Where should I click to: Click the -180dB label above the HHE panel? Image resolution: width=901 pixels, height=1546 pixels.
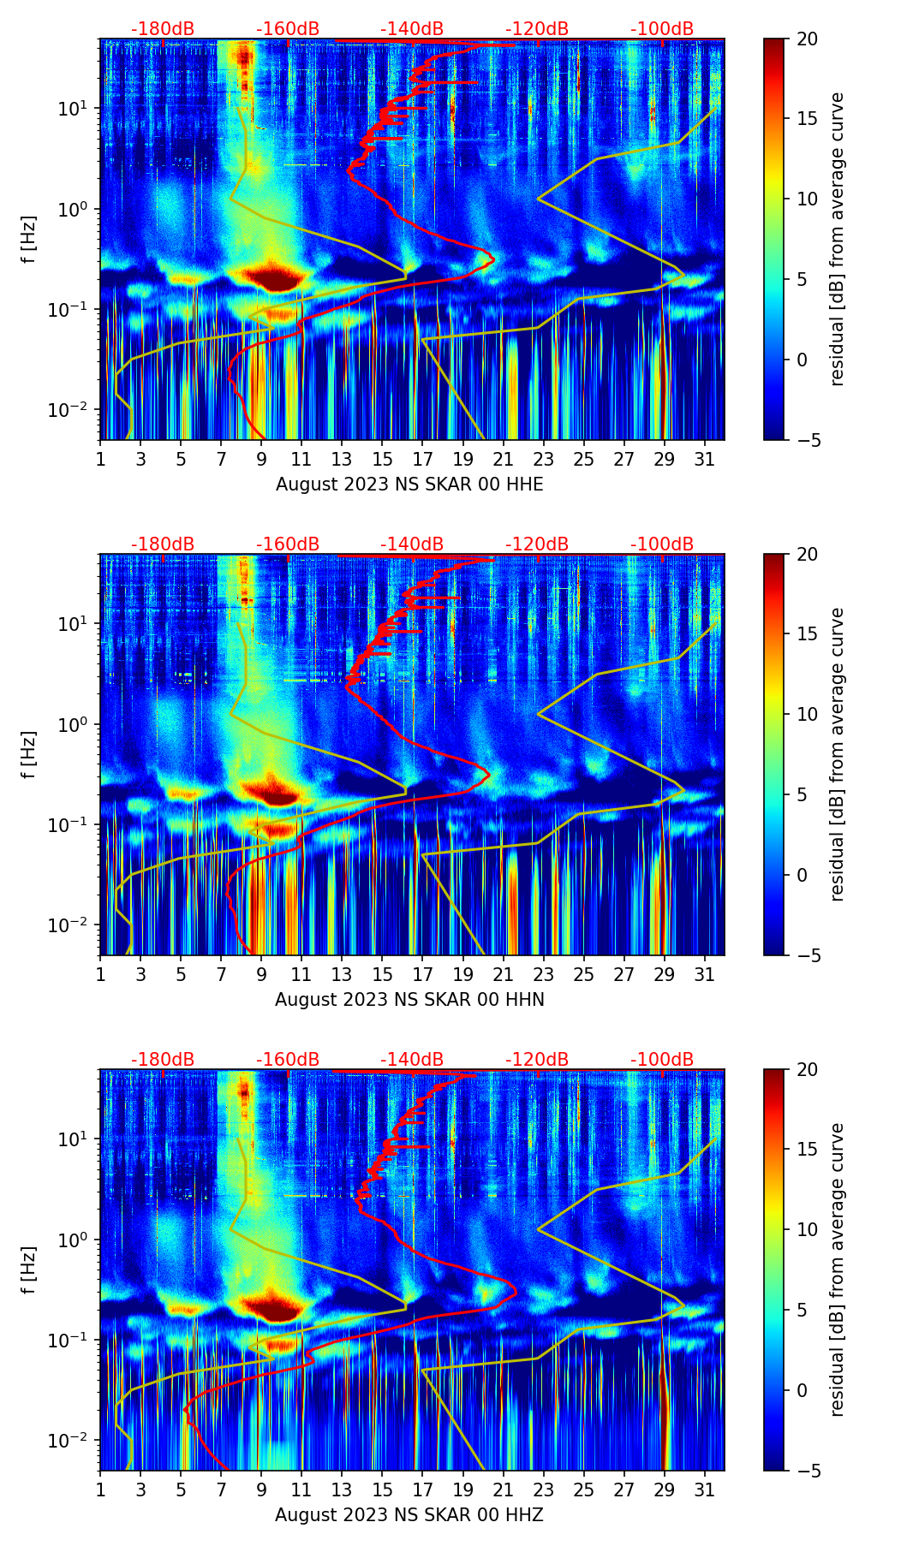(x=163, y=29)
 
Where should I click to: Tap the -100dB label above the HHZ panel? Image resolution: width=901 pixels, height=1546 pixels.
(x=662, y=1060)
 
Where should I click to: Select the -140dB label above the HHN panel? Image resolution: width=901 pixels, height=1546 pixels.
(x=412, y=544)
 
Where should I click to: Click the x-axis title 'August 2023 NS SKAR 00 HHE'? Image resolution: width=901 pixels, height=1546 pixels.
(x=409, y=485)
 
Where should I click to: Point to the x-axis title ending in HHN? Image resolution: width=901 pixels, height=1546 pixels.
(x=409, y=1000)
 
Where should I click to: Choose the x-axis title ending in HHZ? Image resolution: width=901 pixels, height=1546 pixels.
(x=409, y=1515)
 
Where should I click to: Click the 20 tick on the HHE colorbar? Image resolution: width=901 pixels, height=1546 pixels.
(x=806, y=39)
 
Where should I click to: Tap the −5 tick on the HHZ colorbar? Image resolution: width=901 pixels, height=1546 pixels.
(x=806, y=1471)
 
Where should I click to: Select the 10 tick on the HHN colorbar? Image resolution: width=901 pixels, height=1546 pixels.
(x=806, y=714)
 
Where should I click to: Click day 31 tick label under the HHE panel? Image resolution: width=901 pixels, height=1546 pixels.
(x=705, y=460)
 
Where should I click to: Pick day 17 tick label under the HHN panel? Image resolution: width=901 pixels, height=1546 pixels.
(x=423, y=975)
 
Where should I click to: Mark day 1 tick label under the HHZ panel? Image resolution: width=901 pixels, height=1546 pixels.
(x=100, y=1490)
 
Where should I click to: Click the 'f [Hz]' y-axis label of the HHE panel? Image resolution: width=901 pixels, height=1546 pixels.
(x=29, y=240)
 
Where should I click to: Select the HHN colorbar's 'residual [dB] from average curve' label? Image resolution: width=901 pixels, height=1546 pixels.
(x=837, y=754)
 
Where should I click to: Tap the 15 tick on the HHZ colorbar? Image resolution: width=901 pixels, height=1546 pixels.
(x=806, y=1150)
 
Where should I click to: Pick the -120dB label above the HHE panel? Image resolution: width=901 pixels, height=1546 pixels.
(x=537, y=29)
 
